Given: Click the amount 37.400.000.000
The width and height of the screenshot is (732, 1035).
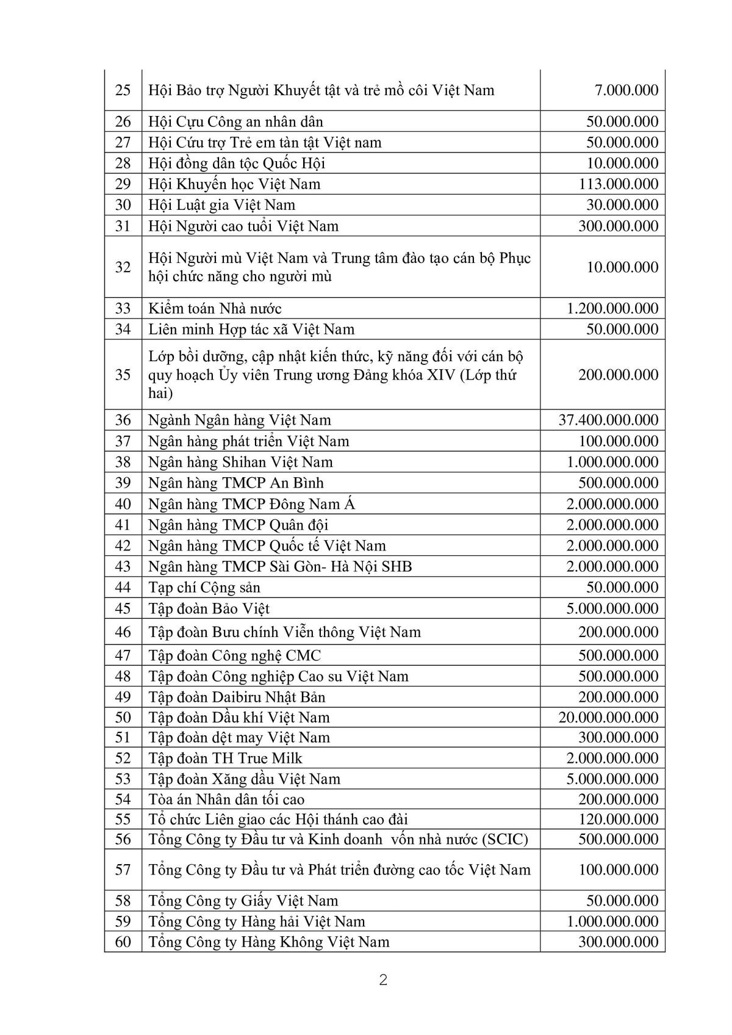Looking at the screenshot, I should pos(608,420).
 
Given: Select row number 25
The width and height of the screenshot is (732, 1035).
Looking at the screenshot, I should pos(123,90).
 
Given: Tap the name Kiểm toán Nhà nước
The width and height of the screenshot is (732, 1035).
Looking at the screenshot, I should pos(215,308).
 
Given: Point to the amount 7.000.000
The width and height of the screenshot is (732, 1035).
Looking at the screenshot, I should pos(626,90).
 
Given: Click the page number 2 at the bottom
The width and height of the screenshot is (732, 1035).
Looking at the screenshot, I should pos(384,981).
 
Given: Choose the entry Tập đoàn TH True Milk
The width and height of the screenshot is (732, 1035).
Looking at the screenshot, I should pos(225,758).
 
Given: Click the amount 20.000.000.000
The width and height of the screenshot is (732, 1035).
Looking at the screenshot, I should pos(608,717).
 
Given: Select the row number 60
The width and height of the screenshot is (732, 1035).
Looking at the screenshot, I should pos(123,942).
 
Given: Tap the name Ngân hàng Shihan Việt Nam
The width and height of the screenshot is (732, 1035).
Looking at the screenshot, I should pos(240,462).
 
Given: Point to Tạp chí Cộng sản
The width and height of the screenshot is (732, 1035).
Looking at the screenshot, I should pos(204,587).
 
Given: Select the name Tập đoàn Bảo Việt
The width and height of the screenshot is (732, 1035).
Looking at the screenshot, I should pos(209,608).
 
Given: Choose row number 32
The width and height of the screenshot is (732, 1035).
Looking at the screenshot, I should pos(123,267).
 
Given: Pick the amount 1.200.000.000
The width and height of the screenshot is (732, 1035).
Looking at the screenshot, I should pos(612,308).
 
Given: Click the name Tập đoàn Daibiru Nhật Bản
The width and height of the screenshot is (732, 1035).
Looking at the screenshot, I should pos(237,697).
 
